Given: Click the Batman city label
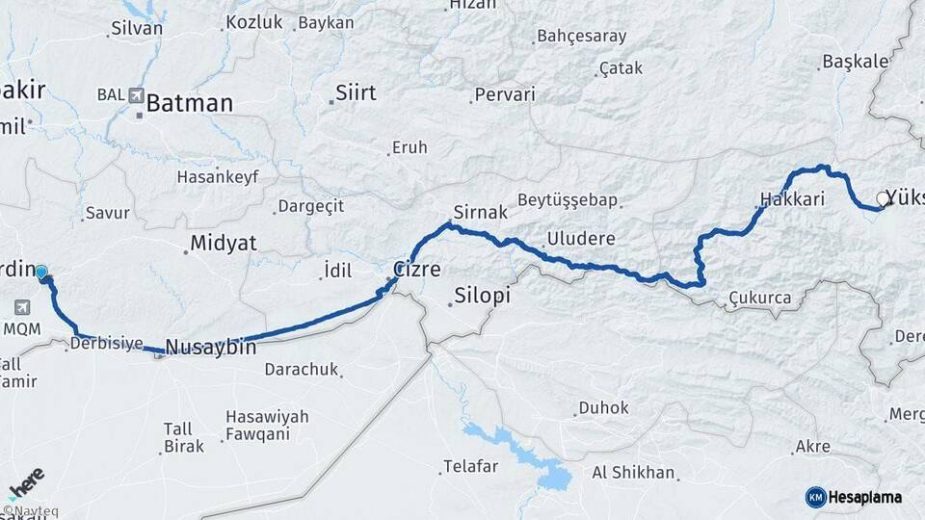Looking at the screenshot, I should tap(189, 103).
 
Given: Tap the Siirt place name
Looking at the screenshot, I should tap(355, 93).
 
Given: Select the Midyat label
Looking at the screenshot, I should tap(224, 243).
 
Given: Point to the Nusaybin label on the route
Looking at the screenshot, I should tap(211, 347).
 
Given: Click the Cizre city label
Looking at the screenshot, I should tap(417, 269).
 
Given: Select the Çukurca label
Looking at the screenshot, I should tap(760, 299).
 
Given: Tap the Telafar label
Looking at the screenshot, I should tap(470, 467).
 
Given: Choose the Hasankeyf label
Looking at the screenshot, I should tap(213, 177).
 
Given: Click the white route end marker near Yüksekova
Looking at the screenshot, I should tap(882, 200).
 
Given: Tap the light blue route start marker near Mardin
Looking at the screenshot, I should tap(41, 272).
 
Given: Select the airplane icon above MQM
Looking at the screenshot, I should tap(21, 307).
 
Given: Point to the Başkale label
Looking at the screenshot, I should tap(855, 62).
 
